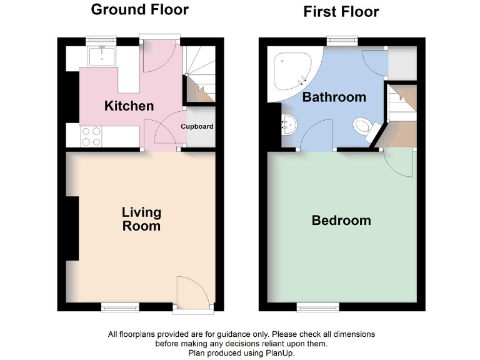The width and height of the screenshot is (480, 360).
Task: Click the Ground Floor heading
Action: (139, 9)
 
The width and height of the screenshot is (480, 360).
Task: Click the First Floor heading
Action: (341, 11)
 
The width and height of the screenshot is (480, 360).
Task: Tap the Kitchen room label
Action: (129, 106)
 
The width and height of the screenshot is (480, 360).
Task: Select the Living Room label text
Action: (141, 219)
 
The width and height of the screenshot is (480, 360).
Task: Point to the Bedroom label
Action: (341, 221)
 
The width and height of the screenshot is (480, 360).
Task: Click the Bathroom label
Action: (334, 97)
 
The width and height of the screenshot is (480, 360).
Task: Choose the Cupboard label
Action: (197, 126)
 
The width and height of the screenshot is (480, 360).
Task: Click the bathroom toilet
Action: (364, 128)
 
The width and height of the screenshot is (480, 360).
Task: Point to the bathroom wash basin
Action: (290, 125)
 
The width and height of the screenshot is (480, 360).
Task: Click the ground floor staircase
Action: (199, 75)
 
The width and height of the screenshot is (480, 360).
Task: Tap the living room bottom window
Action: (121, 306)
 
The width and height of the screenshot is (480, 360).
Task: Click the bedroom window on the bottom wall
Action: (318, 306)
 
